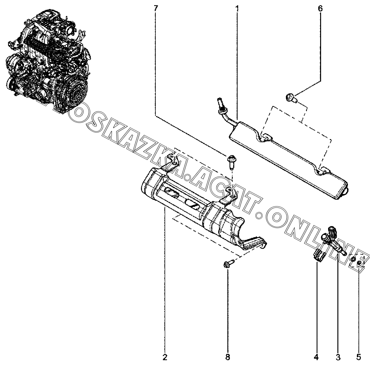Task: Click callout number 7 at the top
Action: pyautogui.click(x=155, y=8)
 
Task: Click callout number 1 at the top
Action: pyautogui.click(x=237, y=8)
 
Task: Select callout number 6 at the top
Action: pyautogui.click(x=320, y=8)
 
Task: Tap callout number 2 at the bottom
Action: pyautogui.click(x=165, y=357)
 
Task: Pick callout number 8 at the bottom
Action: pyautogui.click(x=228, y=357)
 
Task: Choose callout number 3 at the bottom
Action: pyautogui.click(x=338, y=357)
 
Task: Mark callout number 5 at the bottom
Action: pyautogui.click(x=359, y=357)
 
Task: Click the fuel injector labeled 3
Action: pyautogui.click(x=333, y=241)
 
